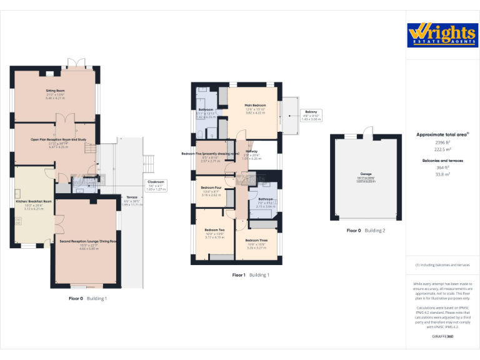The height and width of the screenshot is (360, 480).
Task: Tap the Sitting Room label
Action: pos(56,91)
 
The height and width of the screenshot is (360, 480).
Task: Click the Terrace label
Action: pos(132,196)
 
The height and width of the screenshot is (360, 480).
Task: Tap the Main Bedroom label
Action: pos(255,105)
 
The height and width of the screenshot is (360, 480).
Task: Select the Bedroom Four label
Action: pos(212,187)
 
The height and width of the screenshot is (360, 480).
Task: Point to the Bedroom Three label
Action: pos(256,241)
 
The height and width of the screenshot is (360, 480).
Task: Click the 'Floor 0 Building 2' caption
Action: pos(366,231)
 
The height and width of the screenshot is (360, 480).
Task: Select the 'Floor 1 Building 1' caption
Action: pos(251,275)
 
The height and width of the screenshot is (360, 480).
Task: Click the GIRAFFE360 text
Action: pos(442,337)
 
